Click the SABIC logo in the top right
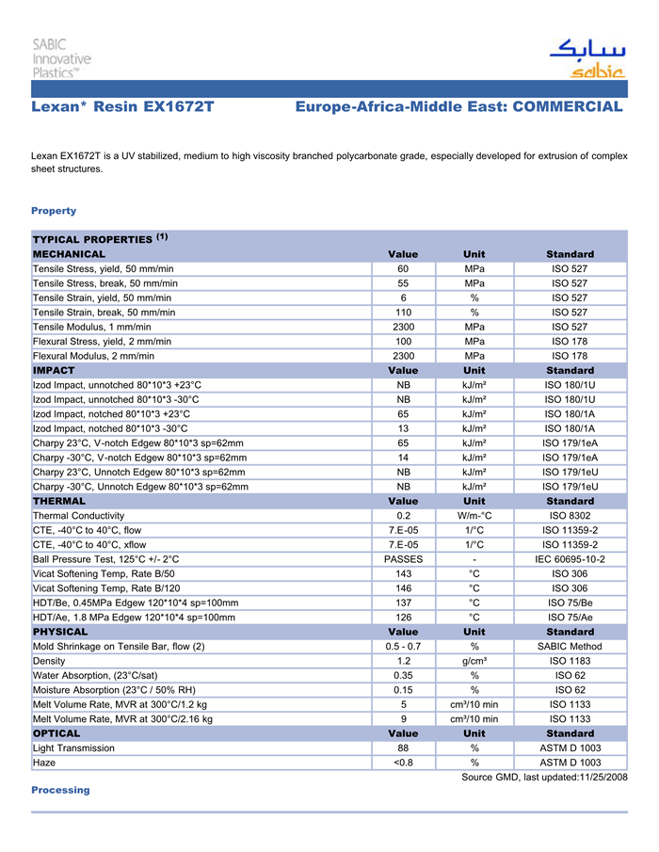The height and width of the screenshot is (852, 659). (x=587, y=59)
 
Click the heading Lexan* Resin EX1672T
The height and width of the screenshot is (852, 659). (x=122, y=107)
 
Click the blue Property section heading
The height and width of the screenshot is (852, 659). (x=54, y=211)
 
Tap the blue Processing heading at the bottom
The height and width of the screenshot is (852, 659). (x=60, y=790)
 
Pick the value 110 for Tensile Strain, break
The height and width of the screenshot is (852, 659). (x=403, y=313)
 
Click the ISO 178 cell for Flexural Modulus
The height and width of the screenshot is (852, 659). (x=570, y=356)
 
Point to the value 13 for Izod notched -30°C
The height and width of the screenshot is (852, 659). (x=403, y=428)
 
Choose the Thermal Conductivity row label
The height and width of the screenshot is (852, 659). (x=78, y=516)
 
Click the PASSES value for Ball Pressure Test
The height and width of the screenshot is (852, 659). (x=403, y=559)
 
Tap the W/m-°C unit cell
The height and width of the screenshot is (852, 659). (x=474, y=516)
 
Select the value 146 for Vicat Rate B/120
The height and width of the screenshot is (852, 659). (x=403, y=588)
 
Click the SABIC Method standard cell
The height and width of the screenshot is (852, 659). (x=570, y=647)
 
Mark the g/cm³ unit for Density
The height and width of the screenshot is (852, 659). (x=474, y=661)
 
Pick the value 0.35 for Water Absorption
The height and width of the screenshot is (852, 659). (x=403, y=675)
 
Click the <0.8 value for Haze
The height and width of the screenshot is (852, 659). (x=403, y=763)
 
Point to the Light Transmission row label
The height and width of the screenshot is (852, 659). (x=74, y=748)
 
